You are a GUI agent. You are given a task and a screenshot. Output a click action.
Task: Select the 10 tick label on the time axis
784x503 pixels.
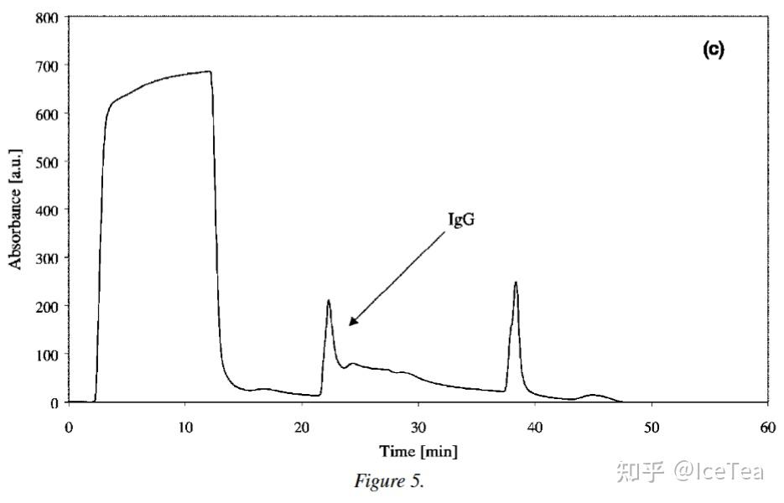coord(185,428)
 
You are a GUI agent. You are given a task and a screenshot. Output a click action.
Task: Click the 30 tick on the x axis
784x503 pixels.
coord(418,428)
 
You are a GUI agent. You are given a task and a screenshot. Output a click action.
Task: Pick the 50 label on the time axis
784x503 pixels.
coord(651,428)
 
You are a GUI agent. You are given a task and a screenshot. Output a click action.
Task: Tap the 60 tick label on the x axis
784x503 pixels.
coord(767,428)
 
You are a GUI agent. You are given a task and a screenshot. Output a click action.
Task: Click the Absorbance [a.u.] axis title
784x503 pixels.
coord(15,209)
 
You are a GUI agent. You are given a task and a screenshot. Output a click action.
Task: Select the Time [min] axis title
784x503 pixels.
coord(418,452)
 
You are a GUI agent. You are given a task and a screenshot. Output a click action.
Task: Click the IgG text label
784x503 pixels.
coord(461,220)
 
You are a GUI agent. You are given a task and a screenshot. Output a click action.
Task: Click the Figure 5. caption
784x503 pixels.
coord(390,481)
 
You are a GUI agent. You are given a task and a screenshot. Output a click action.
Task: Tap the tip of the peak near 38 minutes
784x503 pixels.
coord(516,282)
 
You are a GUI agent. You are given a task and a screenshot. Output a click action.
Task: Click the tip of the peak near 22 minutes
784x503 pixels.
coord(329,300)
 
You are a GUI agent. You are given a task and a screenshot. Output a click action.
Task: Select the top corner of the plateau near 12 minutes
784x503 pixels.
coord(210,71)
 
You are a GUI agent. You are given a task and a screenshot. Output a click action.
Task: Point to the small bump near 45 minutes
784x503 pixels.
coord(593,395)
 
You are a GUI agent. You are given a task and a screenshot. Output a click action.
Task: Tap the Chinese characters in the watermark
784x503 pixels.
coord(641,471)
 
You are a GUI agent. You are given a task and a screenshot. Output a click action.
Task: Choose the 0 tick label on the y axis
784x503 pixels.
coord(54,403)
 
